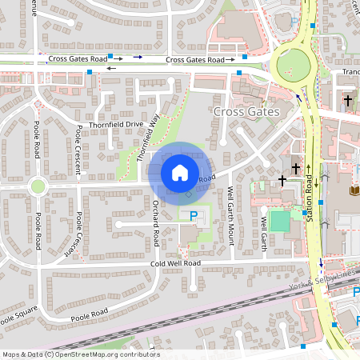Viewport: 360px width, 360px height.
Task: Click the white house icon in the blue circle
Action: pos(180,172)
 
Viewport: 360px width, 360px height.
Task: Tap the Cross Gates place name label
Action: pos(246,112)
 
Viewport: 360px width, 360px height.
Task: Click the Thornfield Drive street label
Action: pos(116,125)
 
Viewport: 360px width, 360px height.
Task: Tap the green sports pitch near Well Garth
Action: pos(279,221)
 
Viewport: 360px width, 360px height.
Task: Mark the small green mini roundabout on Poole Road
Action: pos(37,187)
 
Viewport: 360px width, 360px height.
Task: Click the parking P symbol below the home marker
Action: pos(194,216)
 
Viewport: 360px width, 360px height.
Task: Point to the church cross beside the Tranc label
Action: pos(347,101)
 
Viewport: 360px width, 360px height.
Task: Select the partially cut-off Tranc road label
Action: pos(350,71)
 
